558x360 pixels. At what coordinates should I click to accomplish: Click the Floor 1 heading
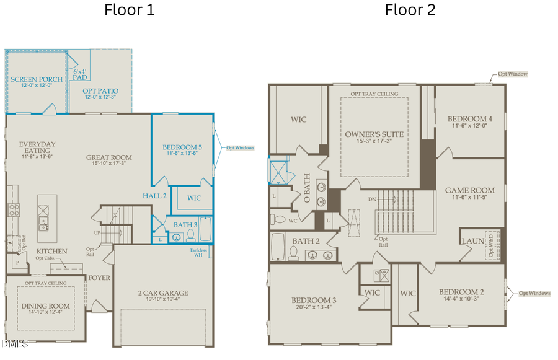click(130, 10)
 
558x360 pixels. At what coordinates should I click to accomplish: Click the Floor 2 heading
click(410, 10)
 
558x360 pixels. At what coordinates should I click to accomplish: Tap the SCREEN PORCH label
click(36, 79)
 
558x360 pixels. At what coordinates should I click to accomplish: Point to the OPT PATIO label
click(100, 91)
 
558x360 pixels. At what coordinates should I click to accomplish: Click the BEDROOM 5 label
click(183, 147)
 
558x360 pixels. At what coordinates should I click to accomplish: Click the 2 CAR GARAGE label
click(162, 293)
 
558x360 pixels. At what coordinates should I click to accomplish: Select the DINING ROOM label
click(46, 306)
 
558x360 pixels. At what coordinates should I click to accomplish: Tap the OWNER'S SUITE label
click(374, 134)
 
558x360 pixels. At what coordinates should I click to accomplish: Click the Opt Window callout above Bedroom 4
click(513, 74)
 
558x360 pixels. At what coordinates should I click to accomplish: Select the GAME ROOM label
click(469, 190)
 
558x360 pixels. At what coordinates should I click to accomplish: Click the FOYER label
click(99, 278)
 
